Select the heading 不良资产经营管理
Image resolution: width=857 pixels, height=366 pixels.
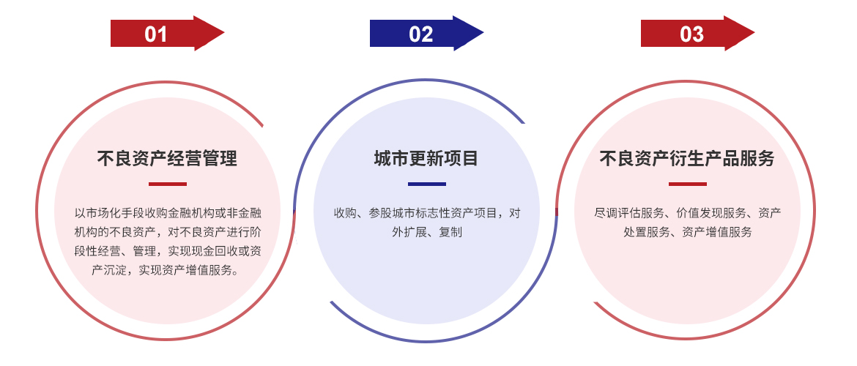[167, 158]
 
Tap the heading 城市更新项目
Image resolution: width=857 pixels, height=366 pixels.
[426, 158]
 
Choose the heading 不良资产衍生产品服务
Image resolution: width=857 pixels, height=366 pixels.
[687, 158]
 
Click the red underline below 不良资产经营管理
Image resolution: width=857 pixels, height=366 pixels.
[167, 184]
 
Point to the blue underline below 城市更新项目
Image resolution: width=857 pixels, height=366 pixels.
[427, 184]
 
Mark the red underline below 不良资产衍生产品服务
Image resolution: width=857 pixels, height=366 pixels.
[688, 184]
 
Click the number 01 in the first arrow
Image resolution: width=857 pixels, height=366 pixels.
[156, 34]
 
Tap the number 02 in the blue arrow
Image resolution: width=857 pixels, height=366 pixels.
[421, 34]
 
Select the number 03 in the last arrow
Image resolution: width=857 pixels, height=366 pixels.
[691, 34]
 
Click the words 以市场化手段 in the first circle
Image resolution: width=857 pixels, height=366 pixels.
[109, 213]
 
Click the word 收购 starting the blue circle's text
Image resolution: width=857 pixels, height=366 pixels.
[346, 213]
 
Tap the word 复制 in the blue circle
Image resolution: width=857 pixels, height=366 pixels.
[450, 232]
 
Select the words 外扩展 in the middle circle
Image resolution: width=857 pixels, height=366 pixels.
[409, 232]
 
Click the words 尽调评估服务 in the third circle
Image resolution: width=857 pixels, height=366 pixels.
[629, 213]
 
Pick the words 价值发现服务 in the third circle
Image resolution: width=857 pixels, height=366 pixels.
[711, 213]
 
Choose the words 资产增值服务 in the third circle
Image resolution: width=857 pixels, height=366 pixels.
[717, 232]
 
